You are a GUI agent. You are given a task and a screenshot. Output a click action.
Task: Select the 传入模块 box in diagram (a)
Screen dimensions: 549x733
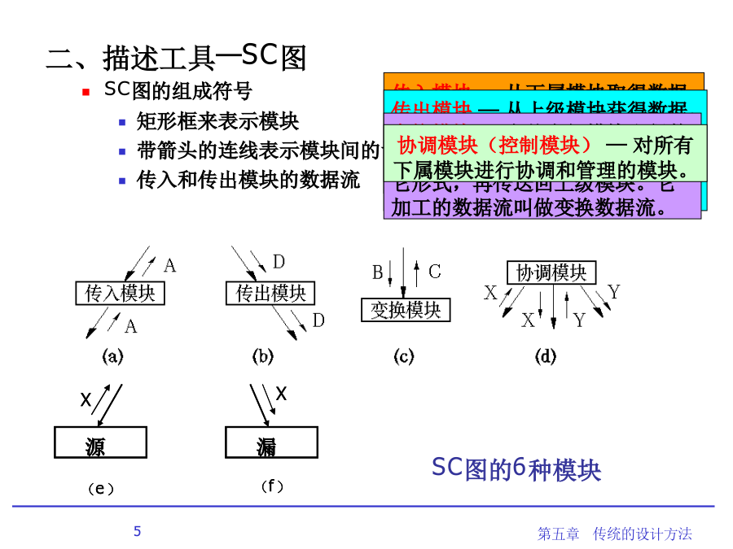point(120,293)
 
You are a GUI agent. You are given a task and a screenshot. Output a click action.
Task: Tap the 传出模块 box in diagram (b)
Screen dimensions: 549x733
point(270,293)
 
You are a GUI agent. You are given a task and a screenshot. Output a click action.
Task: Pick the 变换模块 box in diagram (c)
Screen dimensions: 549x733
point(406,310)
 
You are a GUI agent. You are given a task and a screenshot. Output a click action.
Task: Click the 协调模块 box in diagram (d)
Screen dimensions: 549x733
point(551,272)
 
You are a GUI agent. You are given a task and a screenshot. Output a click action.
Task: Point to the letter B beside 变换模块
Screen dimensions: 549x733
point(378,272)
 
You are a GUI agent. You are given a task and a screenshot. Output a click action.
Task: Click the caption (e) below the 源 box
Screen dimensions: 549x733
point(100,489)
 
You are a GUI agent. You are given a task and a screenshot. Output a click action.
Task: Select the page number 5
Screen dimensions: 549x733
point(137,531)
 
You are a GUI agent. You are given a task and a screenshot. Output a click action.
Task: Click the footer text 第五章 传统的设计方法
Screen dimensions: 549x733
point(615,534)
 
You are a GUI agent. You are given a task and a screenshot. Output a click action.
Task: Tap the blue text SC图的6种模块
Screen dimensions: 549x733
point(516,469)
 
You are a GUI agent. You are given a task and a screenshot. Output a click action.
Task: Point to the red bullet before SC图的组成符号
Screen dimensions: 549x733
point(86,93)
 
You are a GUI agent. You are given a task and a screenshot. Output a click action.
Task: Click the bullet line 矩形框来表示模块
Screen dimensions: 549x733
point(217,121)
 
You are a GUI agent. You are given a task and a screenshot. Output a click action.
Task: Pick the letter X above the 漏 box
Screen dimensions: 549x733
point(281,394)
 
